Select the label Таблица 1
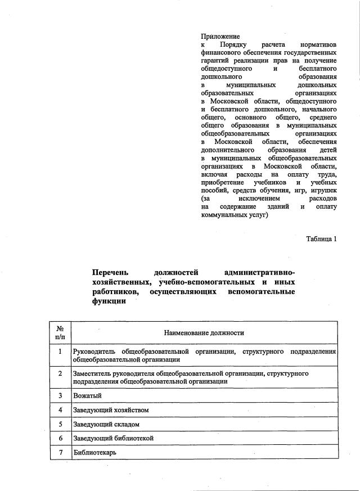321,238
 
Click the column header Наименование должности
204,333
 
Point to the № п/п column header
60,333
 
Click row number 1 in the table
60,352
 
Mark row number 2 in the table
60,373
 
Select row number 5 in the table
60,424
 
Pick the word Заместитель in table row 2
92,373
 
